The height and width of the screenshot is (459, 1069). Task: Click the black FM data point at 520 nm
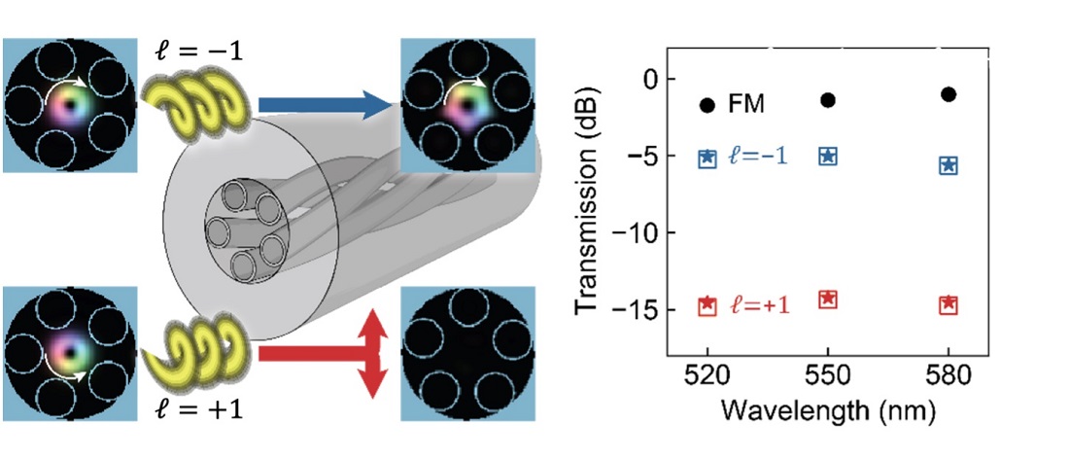[x=707, y=104]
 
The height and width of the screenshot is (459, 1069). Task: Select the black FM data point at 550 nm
[x=828, y=100]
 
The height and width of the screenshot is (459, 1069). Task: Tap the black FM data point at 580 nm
[x=948, y=94]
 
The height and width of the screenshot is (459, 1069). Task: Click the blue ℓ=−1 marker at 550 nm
[x=828, y=156]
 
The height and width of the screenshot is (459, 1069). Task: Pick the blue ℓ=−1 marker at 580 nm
[x=948, y=165]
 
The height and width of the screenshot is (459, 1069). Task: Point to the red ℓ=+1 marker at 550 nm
[x=828, y=299]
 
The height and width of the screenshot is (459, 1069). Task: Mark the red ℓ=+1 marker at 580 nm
[x=948, y=305]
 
